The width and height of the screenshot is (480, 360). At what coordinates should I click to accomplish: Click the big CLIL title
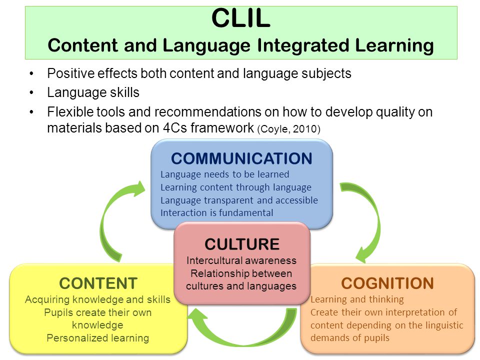241,18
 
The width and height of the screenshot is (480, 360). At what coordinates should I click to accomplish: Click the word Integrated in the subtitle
303,45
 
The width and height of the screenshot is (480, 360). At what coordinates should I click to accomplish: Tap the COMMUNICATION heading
241,158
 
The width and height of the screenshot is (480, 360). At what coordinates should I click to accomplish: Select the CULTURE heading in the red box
242,244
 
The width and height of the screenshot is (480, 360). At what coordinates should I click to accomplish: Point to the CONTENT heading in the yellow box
98,283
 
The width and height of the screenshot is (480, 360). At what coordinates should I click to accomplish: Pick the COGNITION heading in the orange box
387,283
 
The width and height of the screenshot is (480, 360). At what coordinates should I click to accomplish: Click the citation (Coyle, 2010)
288,129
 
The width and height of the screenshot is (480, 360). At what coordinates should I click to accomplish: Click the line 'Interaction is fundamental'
216,213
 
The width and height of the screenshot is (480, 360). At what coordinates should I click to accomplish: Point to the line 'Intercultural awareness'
241,260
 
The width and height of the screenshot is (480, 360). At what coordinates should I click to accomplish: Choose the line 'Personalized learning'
98,338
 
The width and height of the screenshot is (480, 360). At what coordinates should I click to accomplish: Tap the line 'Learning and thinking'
357,299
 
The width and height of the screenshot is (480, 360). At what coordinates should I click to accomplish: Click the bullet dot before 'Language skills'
31,92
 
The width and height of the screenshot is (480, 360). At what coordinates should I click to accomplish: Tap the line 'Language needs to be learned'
224,174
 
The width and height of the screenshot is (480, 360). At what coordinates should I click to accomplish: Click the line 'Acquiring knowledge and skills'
97,299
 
